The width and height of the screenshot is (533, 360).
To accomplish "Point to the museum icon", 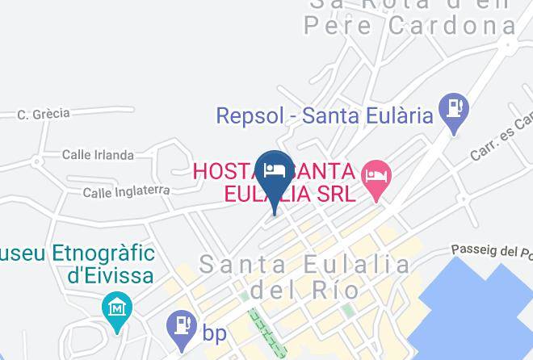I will (x=117, y=309).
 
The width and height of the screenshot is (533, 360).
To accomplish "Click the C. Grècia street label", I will (x=44, y=114).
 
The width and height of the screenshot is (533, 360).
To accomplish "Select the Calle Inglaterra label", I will (x=126, y=191).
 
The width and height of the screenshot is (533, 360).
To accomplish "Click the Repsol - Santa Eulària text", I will (x=325, y=115).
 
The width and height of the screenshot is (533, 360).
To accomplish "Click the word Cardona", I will (x=452, y=26).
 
